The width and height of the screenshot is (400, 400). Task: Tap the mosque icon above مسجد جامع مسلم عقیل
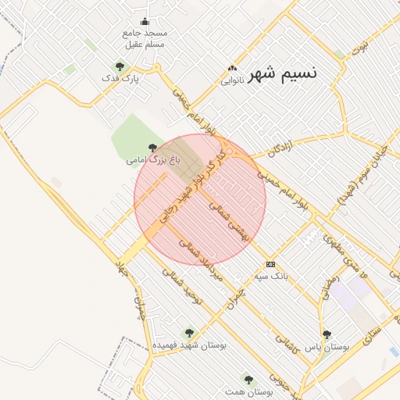144,22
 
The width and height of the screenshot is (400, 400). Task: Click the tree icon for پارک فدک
119,66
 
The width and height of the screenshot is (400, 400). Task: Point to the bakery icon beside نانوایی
231,68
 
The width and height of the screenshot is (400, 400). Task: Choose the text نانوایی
232,80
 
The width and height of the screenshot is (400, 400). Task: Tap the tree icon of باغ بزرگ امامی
153,148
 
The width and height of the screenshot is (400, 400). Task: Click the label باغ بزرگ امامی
153,160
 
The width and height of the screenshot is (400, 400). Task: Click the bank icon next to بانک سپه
270,263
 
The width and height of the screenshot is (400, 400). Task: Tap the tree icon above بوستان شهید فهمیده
186,333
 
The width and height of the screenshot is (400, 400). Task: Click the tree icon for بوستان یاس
327,334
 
